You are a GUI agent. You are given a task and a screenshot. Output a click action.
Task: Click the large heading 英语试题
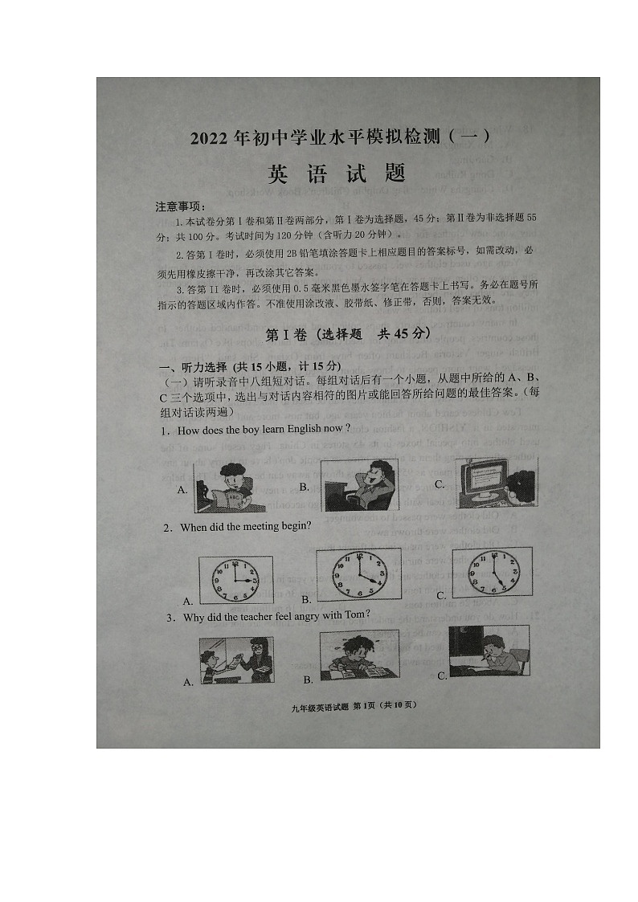pos(337,173)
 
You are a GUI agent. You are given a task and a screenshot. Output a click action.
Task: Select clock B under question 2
pos(358,575)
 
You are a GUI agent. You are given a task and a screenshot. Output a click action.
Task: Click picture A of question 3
pos(236,660)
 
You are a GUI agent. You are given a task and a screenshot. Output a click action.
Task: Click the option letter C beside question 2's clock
pos(441,595)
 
